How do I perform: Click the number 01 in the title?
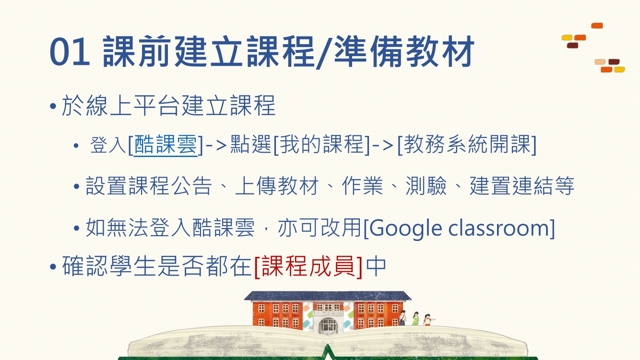(70, 52)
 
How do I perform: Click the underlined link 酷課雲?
(166, 144)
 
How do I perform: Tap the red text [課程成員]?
(308, 266)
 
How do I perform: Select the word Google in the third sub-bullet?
(406, 228)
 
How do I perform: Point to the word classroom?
(498, 228)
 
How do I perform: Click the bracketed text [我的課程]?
(322, 144)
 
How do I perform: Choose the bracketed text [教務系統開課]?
(467, 144)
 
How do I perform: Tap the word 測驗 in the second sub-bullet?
(426, 186)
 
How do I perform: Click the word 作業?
(362, 186)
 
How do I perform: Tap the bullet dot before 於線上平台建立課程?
(53, 106)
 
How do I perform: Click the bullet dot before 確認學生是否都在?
(53, 267)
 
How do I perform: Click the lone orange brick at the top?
(597, 26)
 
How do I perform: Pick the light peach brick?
(600, 62)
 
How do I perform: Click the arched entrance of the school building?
(328, 325)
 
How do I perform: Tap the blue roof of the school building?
(328, 296)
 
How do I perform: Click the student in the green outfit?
(415, 318)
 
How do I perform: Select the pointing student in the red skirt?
(428, 320)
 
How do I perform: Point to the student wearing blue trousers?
(403, 318)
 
